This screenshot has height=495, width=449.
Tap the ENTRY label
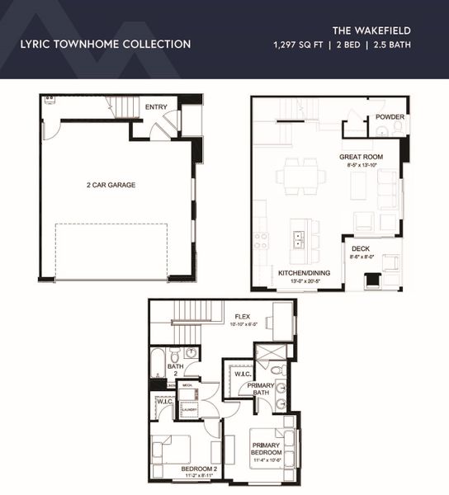coord(156,107)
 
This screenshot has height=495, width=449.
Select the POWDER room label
coord(390,117)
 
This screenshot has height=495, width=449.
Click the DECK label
coord(360,248)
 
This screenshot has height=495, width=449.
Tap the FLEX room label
coord(242,316)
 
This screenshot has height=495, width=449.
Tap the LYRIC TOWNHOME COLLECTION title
coord(105,44)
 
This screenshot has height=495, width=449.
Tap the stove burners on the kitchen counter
coord(261,240)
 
